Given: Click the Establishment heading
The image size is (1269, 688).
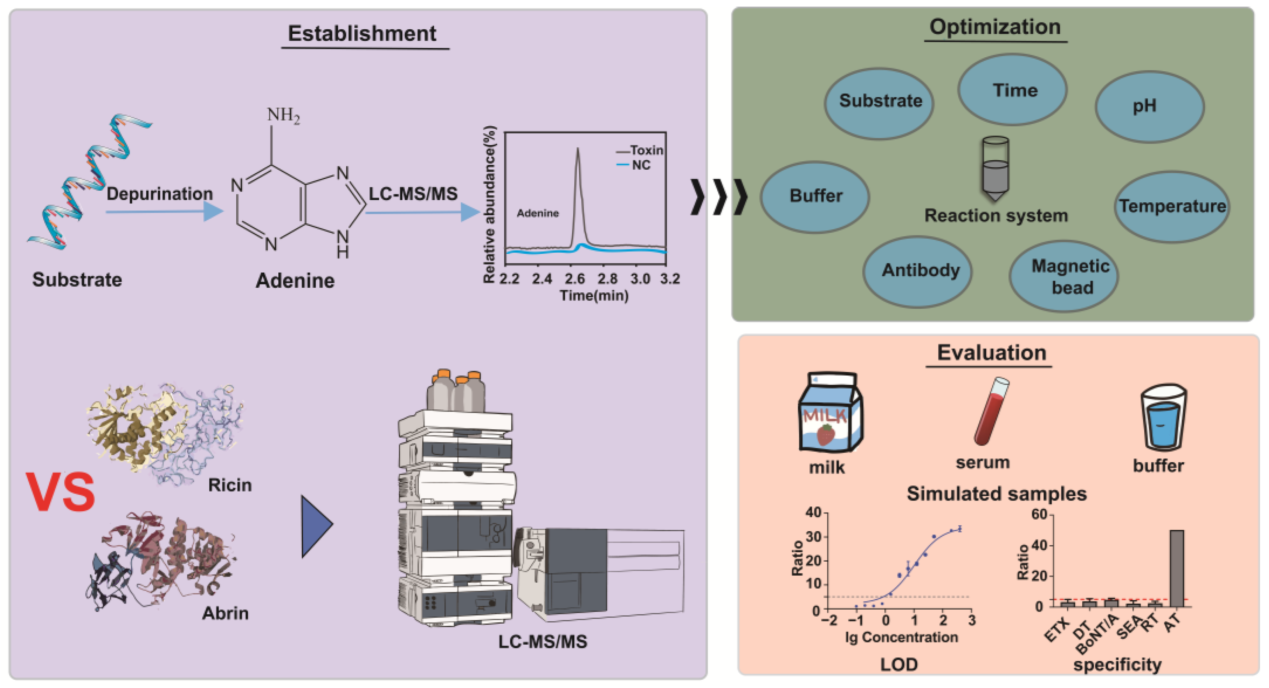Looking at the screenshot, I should pos(362,34).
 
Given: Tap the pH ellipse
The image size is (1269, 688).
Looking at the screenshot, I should pos(1149,106).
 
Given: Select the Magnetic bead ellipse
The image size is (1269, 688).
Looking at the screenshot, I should pos(1063,276).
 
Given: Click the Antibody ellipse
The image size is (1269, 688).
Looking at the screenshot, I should pos(917,271).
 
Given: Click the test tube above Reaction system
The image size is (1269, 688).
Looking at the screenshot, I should pos(995,168).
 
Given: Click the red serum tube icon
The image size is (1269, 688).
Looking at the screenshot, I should pos(991,411).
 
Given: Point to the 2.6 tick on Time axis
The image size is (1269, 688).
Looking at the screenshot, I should pos(574,279).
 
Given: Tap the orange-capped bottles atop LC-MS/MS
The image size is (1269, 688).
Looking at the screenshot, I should pos(456,391).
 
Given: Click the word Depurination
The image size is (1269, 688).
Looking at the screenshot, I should pos(159,194).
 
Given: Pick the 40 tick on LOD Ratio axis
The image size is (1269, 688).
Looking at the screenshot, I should pos(813,513).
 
